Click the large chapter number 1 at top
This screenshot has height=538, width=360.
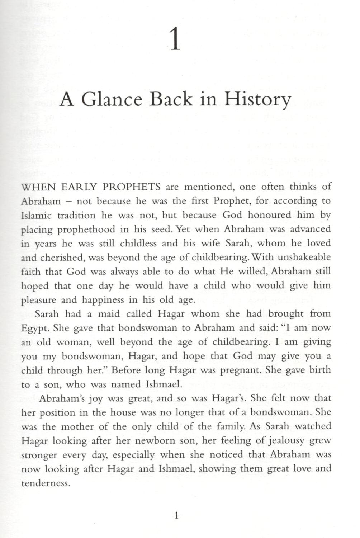coord(175,41)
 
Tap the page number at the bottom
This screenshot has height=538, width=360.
coord(176,516)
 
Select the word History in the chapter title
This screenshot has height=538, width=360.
coord(257,100)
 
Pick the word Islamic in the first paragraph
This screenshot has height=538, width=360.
coord(36,215)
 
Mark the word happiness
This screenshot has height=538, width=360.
coord(107,300)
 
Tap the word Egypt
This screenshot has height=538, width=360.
coord(33,328)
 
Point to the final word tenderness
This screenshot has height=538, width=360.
coord(44,483)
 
